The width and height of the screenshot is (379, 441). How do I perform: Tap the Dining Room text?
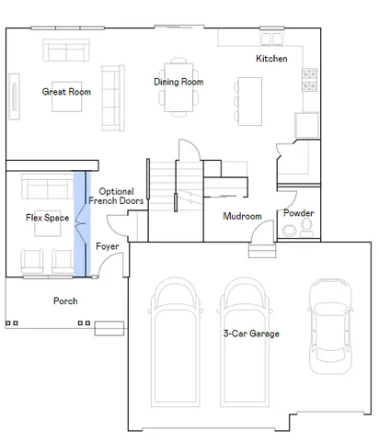click(178, 82)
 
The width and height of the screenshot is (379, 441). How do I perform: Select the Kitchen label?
click(271, 59)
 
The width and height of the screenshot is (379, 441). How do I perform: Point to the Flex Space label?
click(47, 218)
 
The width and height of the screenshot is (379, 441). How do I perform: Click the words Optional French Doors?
click(116, 196)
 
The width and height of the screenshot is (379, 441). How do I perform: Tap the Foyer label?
click(108, 246)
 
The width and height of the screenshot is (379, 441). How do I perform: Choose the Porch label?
click(65, 300)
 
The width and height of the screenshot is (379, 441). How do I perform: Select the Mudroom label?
click(243, 217)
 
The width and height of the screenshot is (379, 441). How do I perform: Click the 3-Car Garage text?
click(251, 334)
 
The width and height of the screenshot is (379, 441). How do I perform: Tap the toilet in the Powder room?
click(305, 231)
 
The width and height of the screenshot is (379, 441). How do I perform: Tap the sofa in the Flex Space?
click(46, 189)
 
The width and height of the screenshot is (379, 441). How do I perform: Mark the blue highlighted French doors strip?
click(80, 223)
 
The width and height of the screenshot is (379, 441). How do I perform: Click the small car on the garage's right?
click(329, 326)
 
